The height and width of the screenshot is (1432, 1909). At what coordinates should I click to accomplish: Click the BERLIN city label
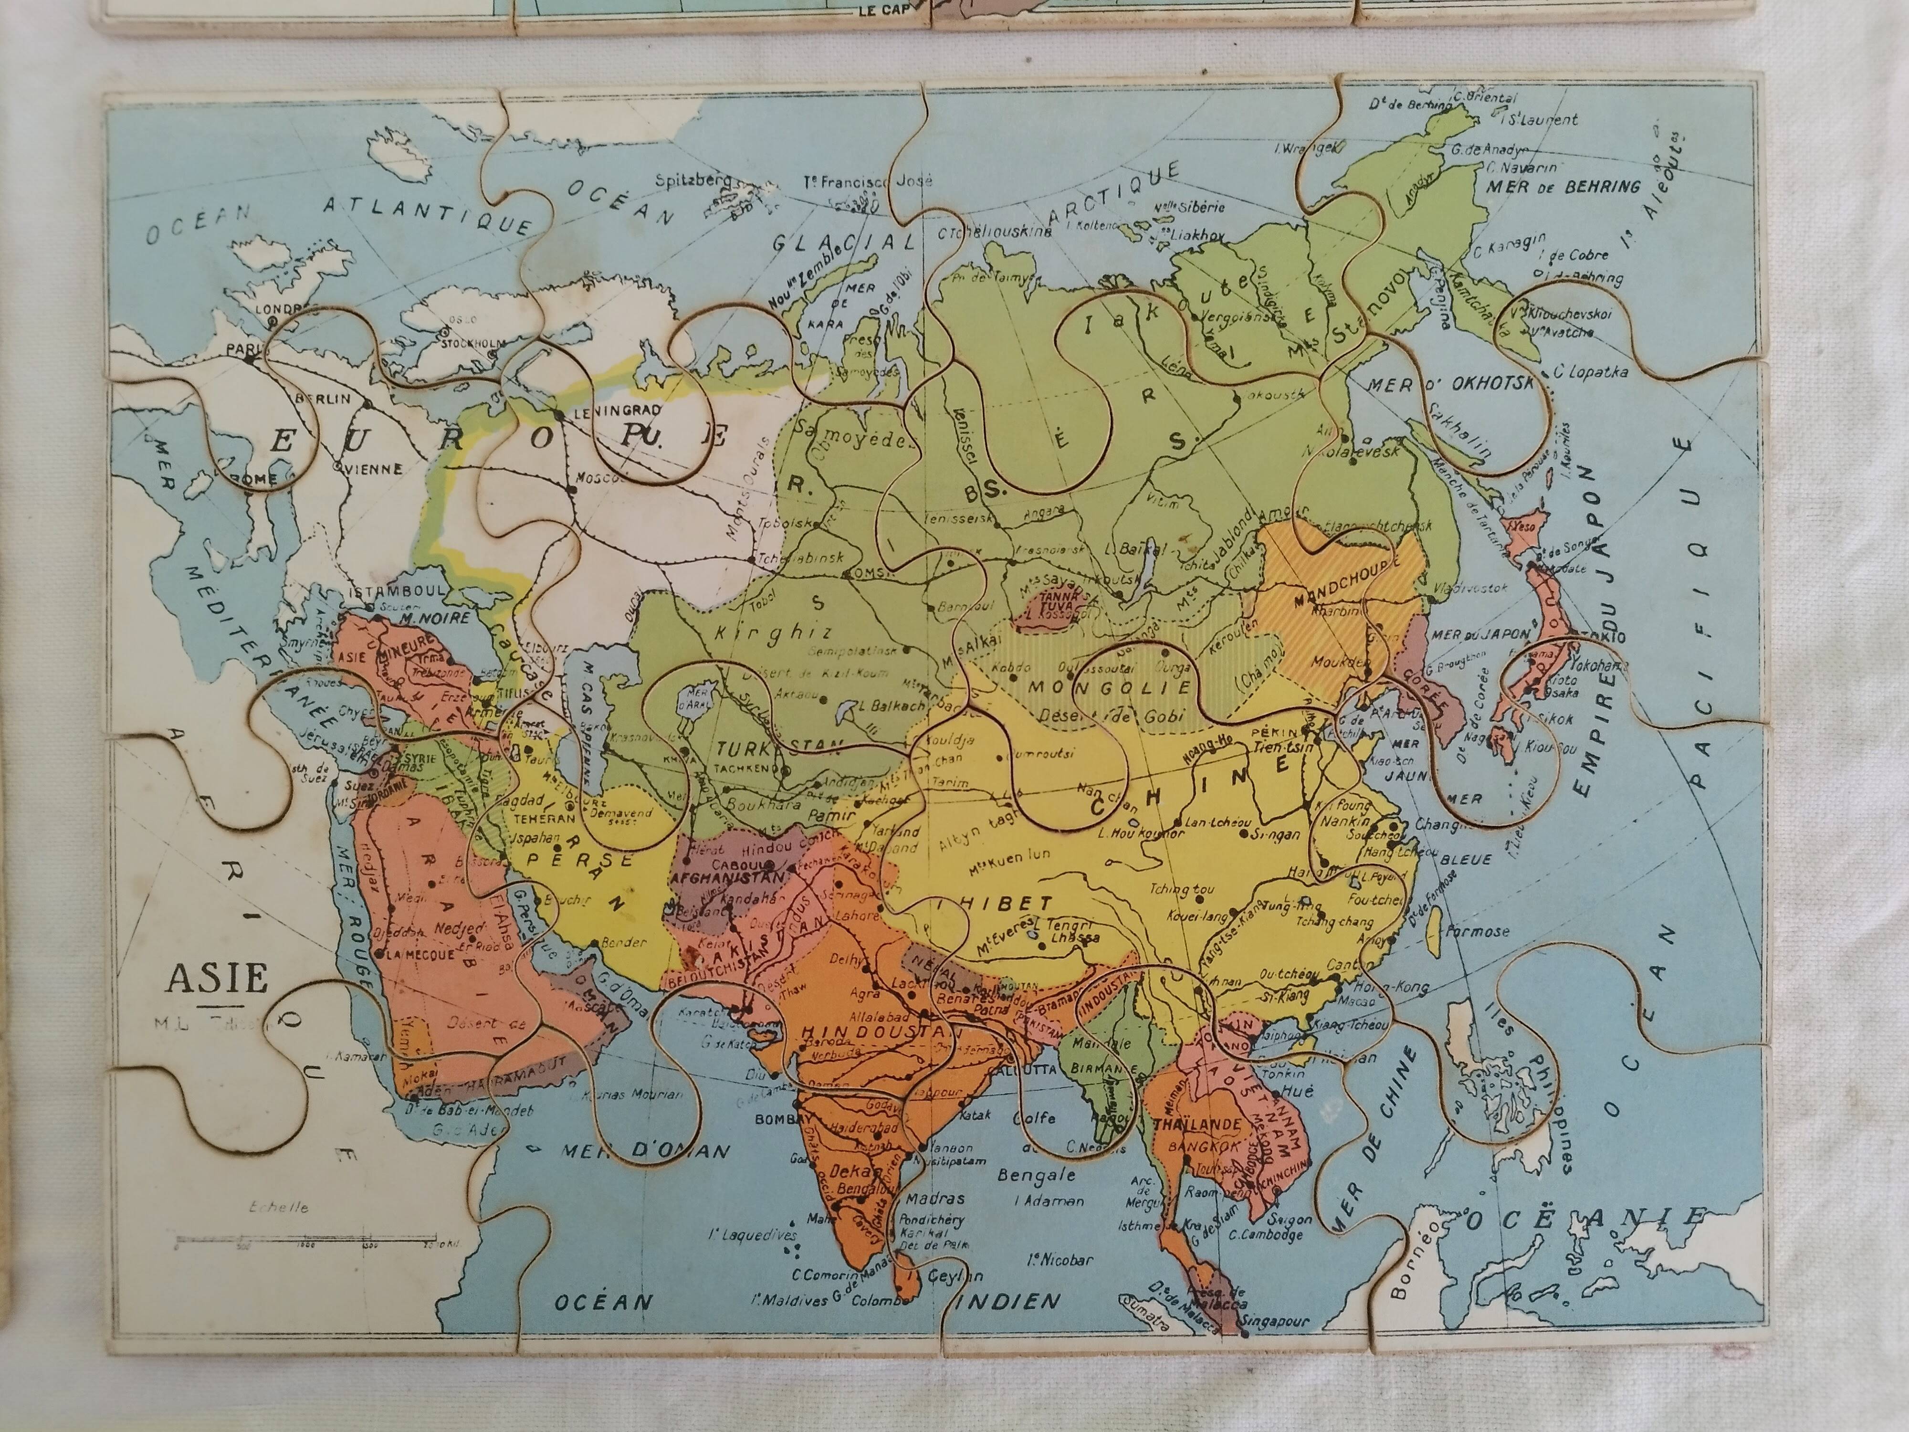coord(324,399)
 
